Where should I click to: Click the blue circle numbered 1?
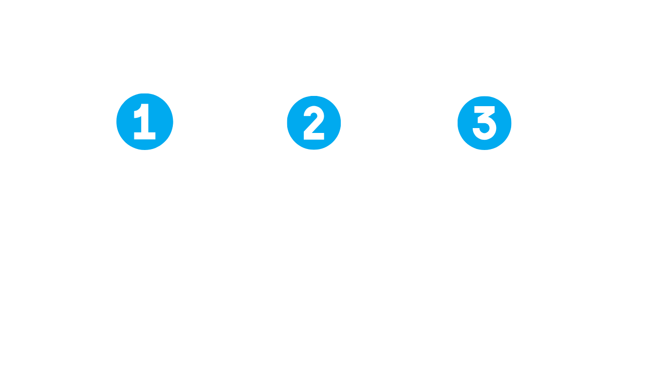(x=145, y=123)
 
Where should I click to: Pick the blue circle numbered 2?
(x=314, y=123)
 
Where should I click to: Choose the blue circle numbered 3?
(x=483, y=123)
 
